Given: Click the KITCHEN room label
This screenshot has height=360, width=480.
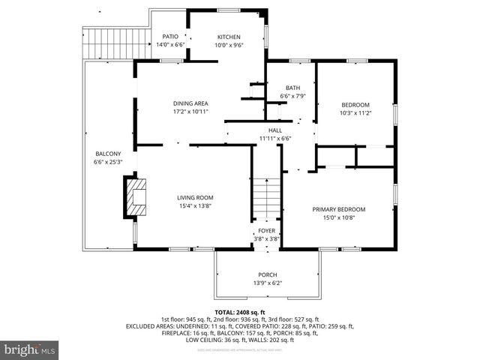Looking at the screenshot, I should (x=229, y=37).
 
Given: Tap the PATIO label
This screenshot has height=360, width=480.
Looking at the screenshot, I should (x=170, y=37).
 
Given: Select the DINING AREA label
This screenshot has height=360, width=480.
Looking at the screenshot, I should (x=190, y=103).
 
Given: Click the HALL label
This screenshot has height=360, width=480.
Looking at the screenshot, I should (x=275, y=130).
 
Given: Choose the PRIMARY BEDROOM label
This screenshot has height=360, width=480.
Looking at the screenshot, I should (x=339, y=209).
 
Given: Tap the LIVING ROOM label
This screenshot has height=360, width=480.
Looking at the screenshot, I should (x=195, y=197).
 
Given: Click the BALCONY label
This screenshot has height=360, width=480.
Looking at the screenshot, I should (x=107, y=154).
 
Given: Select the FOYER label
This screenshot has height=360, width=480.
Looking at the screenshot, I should (x=266, y=231).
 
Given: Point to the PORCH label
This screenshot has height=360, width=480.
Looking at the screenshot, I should (x=268, y=274).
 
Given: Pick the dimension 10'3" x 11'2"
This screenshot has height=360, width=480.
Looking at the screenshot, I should (x=355, y=113).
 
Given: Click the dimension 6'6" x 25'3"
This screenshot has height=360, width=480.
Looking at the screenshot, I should (x=107, y=162).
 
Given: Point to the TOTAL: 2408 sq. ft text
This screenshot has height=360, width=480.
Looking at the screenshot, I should (x=240, y=312).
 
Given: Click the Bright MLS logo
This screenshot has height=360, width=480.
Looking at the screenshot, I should (x=30, y=349).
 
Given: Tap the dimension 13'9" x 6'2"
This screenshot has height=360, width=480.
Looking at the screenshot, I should (x=268, y=283).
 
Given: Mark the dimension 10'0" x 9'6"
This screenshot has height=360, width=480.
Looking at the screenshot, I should (x=229, y=45).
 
